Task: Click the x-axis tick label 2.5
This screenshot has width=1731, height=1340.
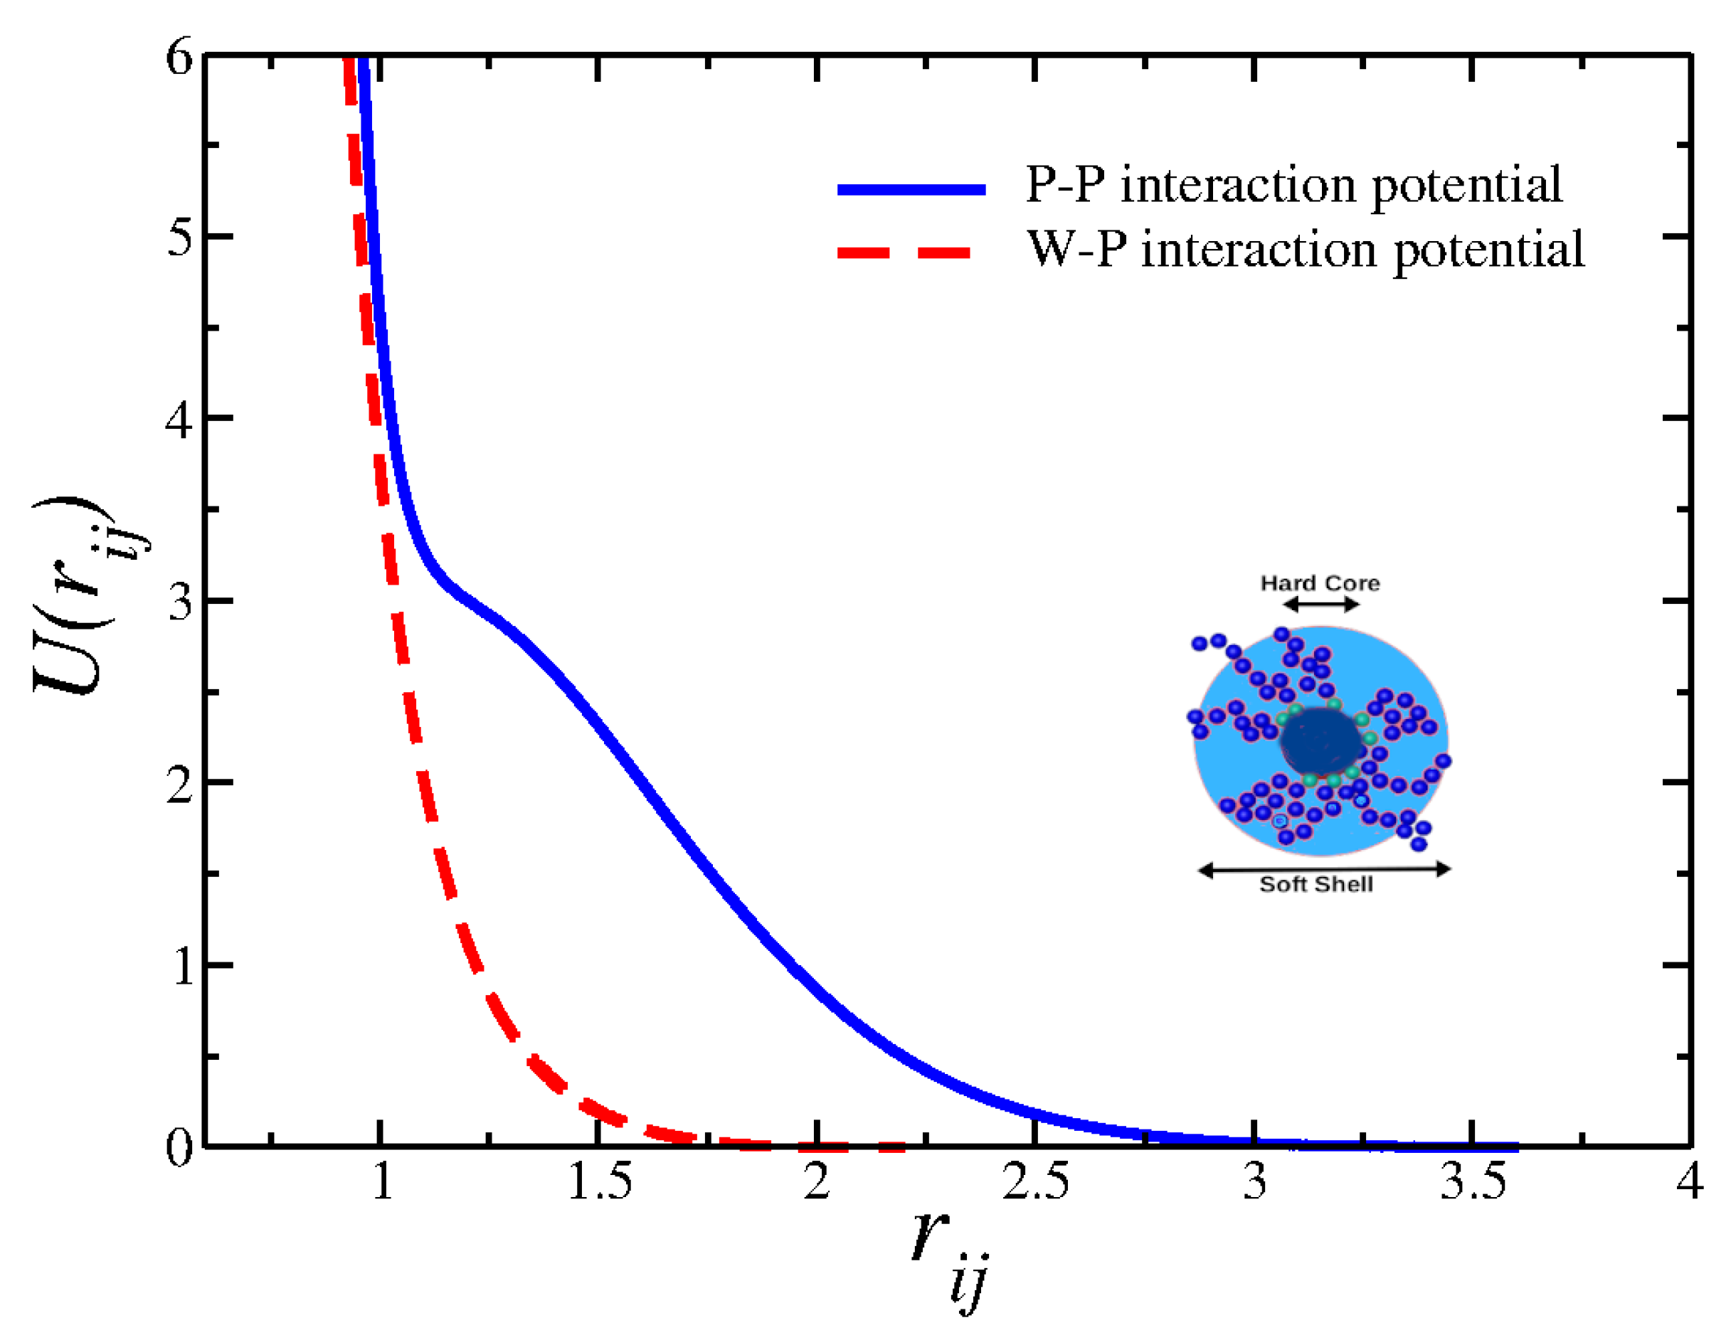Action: click(1035, 1181)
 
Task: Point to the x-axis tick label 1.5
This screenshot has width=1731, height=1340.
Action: click(600, 1181)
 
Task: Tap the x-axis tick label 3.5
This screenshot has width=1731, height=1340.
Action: click(1473, 1181)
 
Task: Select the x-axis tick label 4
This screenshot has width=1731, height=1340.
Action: click(1689, 1181)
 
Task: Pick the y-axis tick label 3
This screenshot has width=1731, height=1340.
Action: click(179, 602)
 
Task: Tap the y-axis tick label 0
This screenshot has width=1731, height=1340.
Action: click(179, 1147)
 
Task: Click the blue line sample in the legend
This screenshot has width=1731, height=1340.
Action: click(911, 188)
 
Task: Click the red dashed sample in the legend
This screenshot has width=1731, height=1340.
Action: click(904, 252)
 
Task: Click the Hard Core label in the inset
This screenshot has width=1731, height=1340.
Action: click(1320, 583)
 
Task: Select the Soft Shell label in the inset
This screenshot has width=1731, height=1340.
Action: click(1316, 884)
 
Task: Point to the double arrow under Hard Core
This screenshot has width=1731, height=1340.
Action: click(1321, 605)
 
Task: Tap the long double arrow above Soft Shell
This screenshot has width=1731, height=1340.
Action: click(1323, 869)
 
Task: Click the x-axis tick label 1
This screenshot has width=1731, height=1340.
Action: click(382, 1181)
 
